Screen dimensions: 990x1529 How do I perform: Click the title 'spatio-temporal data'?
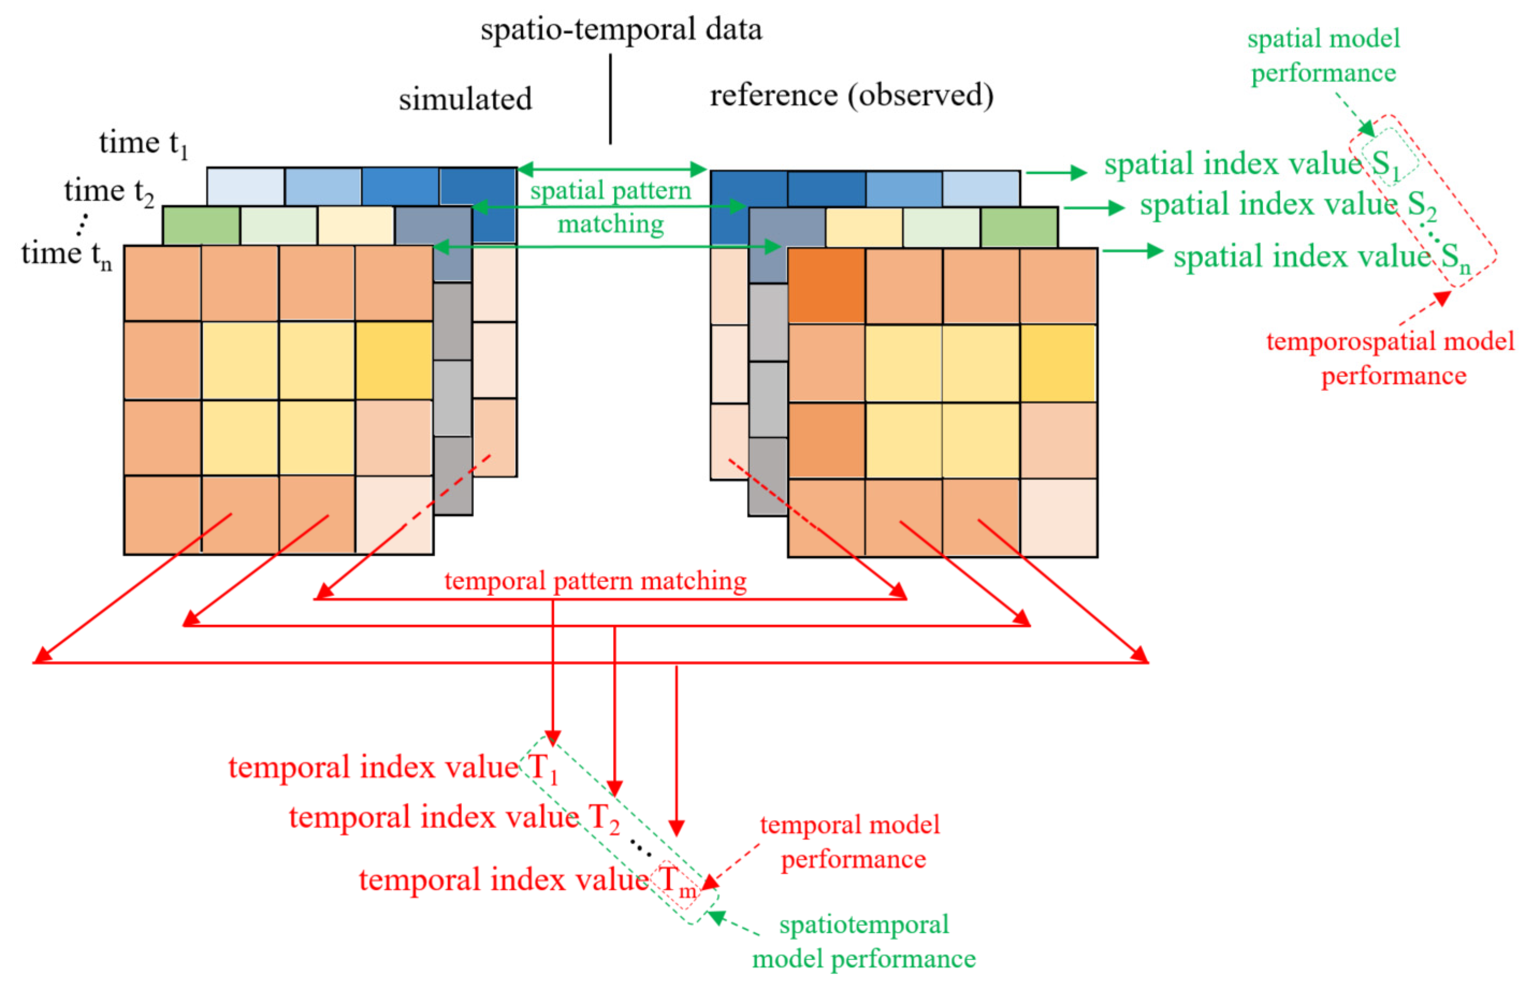[621, 29]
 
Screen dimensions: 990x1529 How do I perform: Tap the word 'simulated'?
[465, 99]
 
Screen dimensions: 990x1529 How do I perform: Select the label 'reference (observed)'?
[851, 95]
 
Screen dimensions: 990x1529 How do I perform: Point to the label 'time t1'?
[143, 143]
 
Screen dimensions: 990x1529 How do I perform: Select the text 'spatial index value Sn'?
[1321, 257]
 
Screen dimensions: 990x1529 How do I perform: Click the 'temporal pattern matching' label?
[595, 581]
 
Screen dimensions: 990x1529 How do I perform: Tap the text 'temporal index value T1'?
[393, 768]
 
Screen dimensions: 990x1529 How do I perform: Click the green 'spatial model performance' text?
[1324, 56]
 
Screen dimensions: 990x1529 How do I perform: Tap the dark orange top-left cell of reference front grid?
[826, 285]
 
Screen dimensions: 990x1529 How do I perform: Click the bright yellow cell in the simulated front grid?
[393, 360]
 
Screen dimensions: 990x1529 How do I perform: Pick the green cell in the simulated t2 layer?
[201, 225]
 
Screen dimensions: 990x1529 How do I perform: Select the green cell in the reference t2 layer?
[1019, 227]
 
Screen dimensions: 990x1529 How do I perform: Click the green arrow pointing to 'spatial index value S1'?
[1055, 172]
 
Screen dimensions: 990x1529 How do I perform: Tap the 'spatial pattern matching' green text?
[611, 206]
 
